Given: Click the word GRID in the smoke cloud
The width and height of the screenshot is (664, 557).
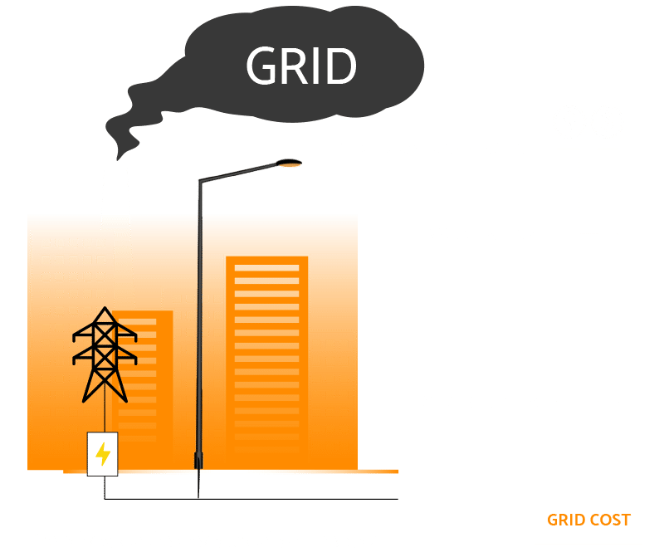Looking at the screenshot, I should tap(301, 66).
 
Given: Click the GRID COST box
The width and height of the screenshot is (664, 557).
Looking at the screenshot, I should tap(588, 520).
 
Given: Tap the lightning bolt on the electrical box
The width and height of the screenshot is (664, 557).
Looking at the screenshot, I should tap(103, 454).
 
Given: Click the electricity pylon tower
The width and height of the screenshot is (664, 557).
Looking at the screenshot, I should tap(104, 353).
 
